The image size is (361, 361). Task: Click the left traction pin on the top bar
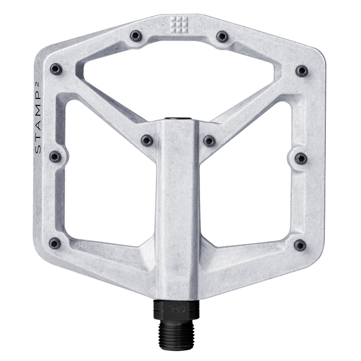pos(135,36)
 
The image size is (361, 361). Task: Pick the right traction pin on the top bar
pos(222,36)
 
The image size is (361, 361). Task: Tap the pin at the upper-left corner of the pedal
pos(56,69)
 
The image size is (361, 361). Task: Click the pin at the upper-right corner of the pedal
pos(301,70)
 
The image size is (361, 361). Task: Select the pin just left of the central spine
pos(147,140)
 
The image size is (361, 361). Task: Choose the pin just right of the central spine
pos(210,141)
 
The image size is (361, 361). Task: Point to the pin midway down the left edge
pos(55,157)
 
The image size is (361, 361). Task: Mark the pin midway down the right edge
pos(301,158)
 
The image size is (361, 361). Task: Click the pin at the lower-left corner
pos(55,244)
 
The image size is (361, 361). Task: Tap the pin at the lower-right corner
pos(300,245)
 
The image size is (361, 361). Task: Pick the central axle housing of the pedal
pos(178,211)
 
